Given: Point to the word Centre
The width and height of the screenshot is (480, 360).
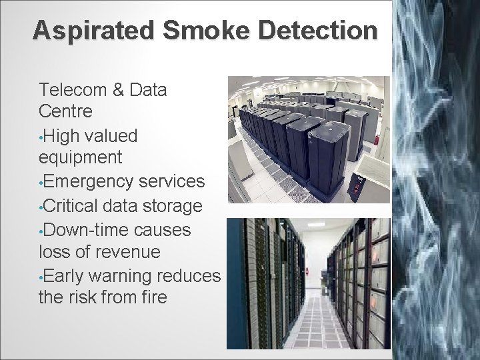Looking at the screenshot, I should [66, 111].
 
